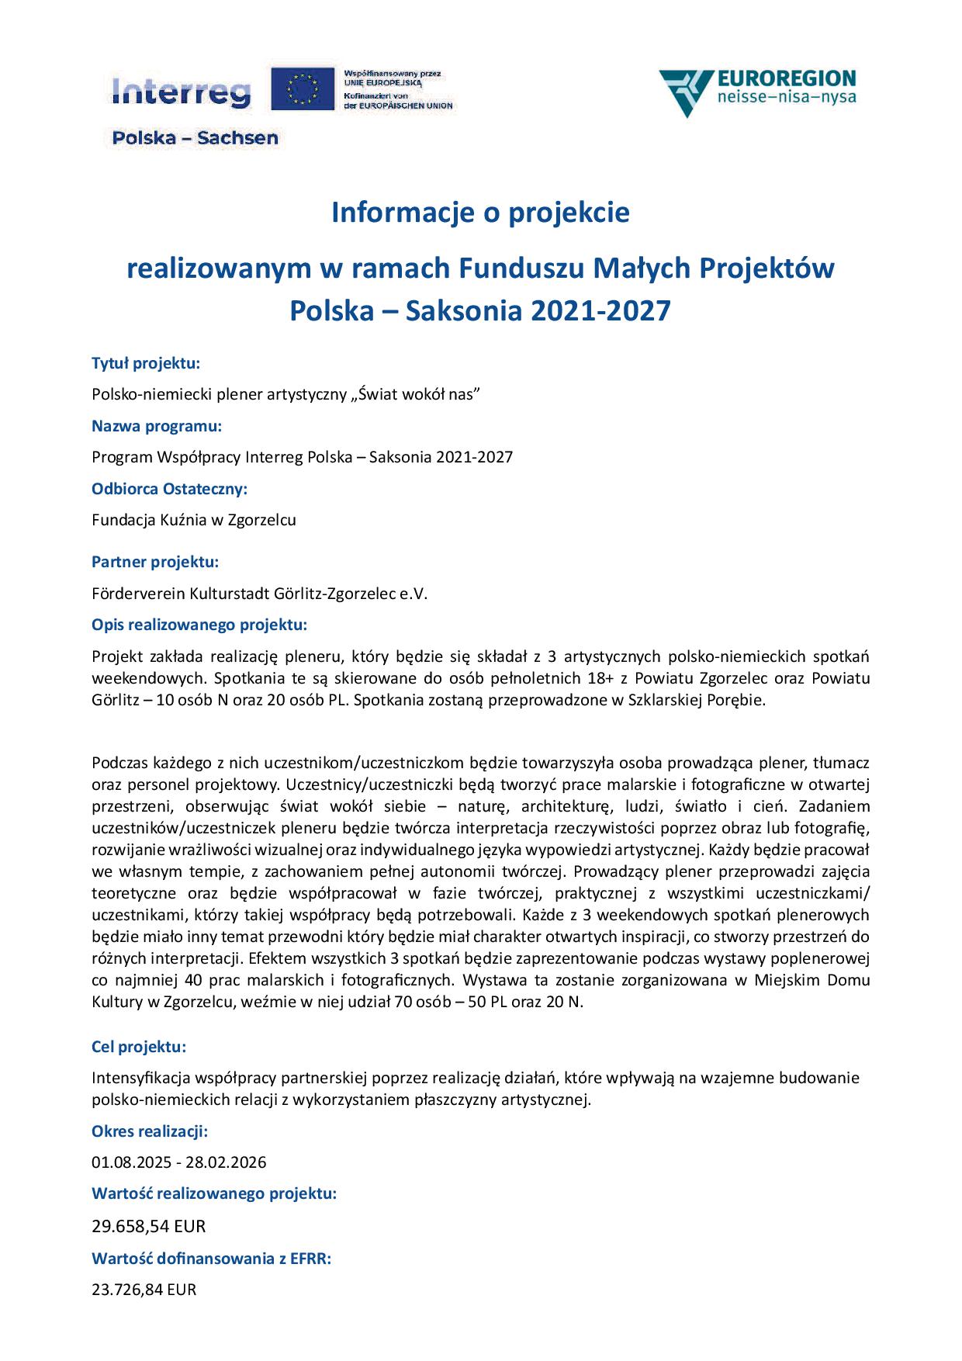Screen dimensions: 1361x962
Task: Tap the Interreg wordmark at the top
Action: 182,92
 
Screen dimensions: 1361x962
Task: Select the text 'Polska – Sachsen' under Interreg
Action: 195,138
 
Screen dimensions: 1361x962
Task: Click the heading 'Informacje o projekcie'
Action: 480,213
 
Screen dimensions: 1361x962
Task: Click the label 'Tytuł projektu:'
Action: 146,363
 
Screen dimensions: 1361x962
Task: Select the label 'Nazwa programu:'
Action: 157,426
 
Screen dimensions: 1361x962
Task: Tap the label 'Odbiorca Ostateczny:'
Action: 169,489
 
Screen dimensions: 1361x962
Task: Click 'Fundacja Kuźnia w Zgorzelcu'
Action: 194,520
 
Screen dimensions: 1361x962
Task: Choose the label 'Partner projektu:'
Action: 155,562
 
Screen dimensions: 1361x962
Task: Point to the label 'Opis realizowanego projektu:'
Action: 199,625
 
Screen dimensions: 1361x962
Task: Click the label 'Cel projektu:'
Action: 139,1047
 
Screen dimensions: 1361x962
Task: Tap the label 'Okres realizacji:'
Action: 150,1131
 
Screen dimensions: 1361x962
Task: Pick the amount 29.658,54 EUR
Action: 149,1227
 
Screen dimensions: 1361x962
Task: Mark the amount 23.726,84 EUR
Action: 144,1290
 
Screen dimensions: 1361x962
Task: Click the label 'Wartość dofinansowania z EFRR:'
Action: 212,1259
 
